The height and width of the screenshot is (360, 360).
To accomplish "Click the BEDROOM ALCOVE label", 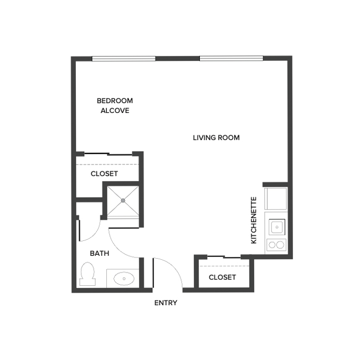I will coord(115,105).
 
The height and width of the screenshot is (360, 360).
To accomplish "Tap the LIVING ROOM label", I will coord(216,137).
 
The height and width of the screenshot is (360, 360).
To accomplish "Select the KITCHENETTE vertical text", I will coord(254,220).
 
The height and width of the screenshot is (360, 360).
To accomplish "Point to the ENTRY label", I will coord(166,303).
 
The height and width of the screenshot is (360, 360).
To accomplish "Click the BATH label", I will coord(100,253).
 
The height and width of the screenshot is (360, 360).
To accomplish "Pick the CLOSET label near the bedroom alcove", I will coord(104,173).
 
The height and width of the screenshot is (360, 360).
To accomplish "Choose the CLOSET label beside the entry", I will coord(222,277).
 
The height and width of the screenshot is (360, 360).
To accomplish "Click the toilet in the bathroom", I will coord(88,274).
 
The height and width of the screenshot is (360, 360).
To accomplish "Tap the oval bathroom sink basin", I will coord(123,278).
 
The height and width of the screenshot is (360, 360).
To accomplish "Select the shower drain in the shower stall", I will coord(122,200).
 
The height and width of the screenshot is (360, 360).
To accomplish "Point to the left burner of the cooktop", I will coord(271,245).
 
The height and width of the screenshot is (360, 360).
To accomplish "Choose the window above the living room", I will coord(232,58).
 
